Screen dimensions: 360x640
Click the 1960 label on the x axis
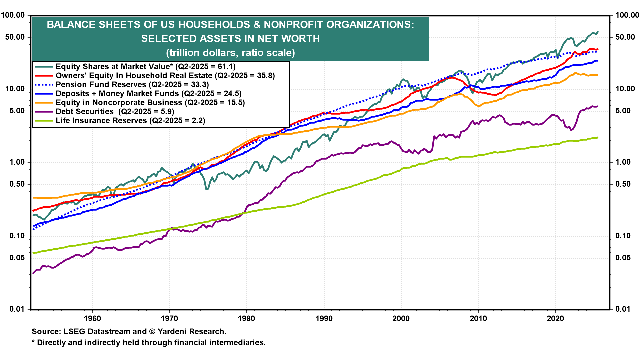(x=92, y=318)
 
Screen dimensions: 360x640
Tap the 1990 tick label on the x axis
(x=324, y=318)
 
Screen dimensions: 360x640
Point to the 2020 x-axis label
(x=555, y=318)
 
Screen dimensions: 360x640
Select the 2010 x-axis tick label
(x=478, y=318)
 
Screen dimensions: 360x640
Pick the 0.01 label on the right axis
(x=623, y=309)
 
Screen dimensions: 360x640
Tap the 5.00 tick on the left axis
(x=17, y=111)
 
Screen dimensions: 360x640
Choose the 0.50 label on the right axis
(x=623, y=184)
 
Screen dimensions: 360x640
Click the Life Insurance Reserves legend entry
(x=130, y=121)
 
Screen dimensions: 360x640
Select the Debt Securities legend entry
(x=115, y=112)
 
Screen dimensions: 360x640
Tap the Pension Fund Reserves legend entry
(x=132, y=85)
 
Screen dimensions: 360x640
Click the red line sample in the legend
(x=44, y=76)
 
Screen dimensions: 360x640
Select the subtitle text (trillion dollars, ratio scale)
(x=230, y=53)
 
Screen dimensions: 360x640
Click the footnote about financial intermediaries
(x=149, y=343)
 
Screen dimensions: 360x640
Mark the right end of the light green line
(x=598, y=137)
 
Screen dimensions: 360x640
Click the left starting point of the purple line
(x=33, y=273)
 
